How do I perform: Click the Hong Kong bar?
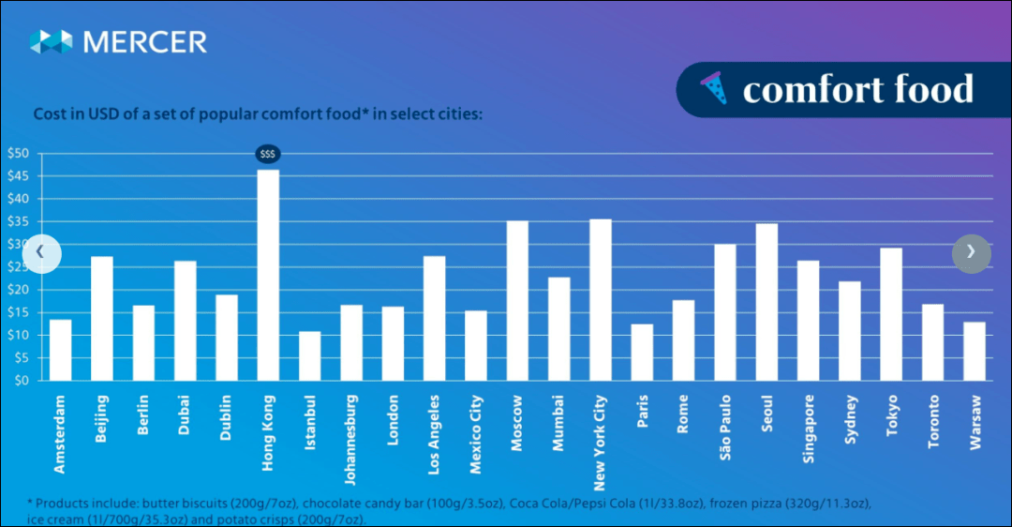[268, 275]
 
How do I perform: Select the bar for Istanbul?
[309, 356]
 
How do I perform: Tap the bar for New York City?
[600, 300]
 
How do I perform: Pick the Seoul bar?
[766, 302]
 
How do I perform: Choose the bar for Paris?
[642, 353]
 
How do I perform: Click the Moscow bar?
[517, 300]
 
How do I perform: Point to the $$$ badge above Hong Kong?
[268, 154]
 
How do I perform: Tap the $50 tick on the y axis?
[18, 154]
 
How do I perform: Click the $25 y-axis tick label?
[18, 267]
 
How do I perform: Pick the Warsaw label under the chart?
[975, 422]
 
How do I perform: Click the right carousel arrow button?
[971, 252]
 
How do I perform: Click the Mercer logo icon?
[51, 41]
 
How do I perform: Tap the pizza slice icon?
[713, 90]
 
